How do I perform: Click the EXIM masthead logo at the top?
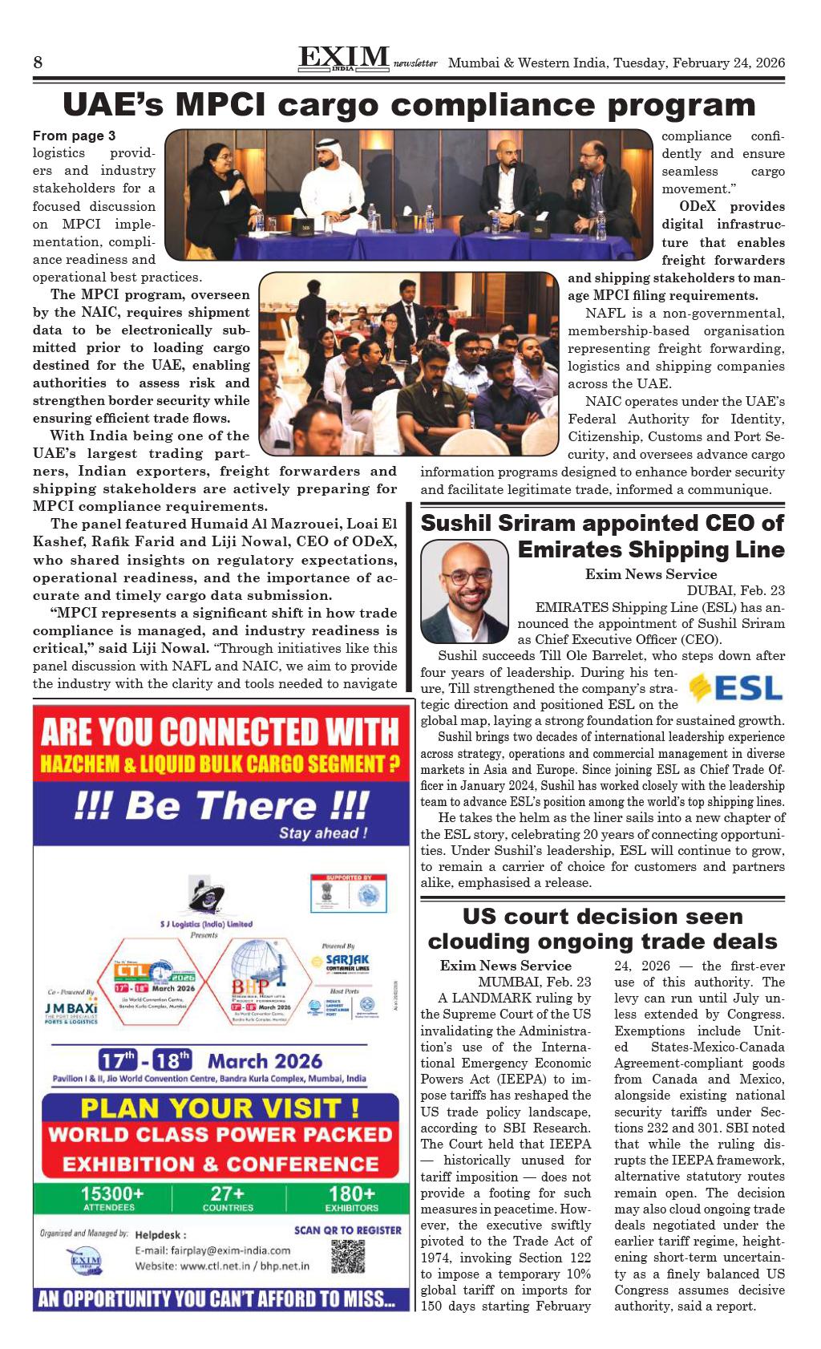343,58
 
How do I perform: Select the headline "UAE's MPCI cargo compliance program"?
409,105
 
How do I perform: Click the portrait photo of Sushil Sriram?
465,593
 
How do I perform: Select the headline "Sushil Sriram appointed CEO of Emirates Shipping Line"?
602,537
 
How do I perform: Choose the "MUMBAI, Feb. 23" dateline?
535,982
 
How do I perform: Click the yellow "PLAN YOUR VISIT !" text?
216,1108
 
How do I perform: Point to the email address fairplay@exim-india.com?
212,1250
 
